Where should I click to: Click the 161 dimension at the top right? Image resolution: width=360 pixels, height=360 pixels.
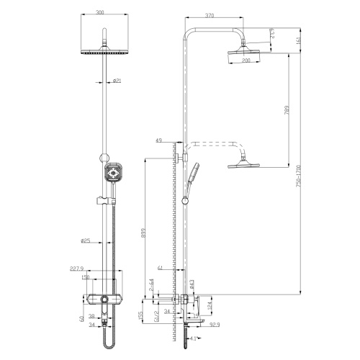[x=299, y=40]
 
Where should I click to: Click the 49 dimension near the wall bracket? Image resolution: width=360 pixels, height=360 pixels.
[x=158, y=142]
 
